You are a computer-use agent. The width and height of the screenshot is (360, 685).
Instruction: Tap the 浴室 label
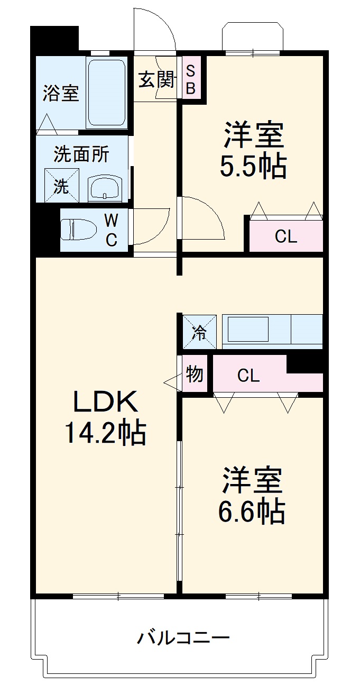[61, 93]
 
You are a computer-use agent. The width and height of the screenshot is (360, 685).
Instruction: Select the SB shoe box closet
[191, 80]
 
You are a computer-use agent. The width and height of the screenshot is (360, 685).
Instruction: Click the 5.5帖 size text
[253, 166]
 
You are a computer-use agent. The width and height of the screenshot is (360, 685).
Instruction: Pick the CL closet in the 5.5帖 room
[285, 237]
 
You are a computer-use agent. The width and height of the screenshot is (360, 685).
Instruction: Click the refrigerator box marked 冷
[199, 332]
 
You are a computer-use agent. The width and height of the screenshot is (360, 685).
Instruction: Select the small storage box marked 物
[195, 375]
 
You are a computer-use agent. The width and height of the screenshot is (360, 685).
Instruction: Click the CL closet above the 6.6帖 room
[248, 376]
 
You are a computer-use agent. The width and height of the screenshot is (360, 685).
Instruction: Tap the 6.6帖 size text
[252, 510]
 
